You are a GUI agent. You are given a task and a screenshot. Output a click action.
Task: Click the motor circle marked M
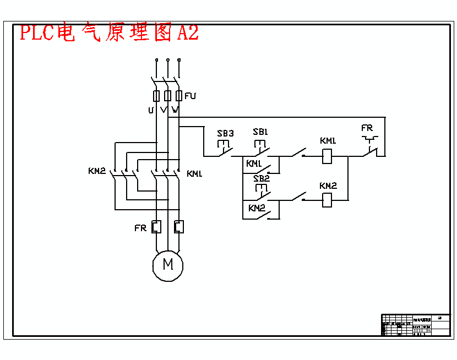click(168, 265)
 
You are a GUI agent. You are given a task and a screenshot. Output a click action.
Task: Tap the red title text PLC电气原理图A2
click(109, 32)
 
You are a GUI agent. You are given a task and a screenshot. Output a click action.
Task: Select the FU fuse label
click(191, 96)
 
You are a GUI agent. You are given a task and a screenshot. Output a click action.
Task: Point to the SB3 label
click(225, 133)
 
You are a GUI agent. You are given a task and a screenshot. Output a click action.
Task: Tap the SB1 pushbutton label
click(260, 132)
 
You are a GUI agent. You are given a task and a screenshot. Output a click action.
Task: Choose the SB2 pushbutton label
click(262, 178)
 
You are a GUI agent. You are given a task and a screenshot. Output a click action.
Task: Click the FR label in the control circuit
click(367, 128)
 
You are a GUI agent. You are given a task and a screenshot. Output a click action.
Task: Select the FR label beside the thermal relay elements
click(140, 228)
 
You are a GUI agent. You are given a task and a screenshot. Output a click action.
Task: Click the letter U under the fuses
click(151, 110)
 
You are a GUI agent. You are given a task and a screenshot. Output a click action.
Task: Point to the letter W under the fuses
click(175, 110)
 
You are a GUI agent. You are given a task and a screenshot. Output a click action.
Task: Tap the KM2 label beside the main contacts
click(96, 171)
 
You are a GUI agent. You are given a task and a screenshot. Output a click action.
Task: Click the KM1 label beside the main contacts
click(194, 174)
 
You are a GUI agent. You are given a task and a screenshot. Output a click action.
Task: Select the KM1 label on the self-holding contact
click(254, 164)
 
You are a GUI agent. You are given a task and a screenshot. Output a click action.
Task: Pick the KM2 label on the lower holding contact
click(257, 208)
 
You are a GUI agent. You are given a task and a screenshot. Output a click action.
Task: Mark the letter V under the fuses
click(163, 110)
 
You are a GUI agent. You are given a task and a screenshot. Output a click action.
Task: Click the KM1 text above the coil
click(328, 141)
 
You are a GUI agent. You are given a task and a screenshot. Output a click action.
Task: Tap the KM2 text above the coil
click(328, 186)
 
